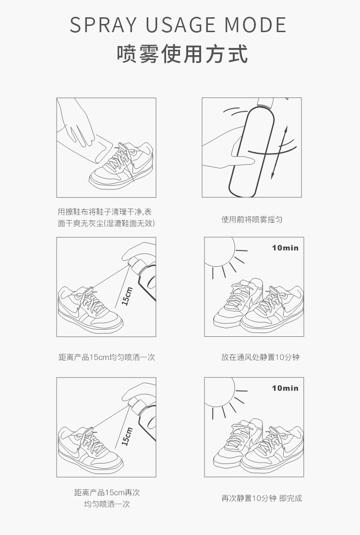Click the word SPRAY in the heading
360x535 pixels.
tap(103, 24)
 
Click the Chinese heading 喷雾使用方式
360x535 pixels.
tap(182, 54)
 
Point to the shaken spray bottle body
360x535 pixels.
tap(252, 150)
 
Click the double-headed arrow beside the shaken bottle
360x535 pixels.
tap(279, 153)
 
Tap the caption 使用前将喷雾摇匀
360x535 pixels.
tap(252, 219)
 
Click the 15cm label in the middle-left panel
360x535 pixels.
tap(127, 296)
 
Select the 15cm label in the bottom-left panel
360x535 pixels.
tap(127, 436)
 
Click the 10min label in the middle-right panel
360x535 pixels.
tap(285, 248)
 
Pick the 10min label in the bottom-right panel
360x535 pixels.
tap(285, 388)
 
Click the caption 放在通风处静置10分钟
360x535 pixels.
tap(260, 357)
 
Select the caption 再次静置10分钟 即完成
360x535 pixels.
tap(262, 498)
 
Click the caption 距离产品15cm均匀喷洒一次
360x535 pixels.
tap(107, 357)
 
